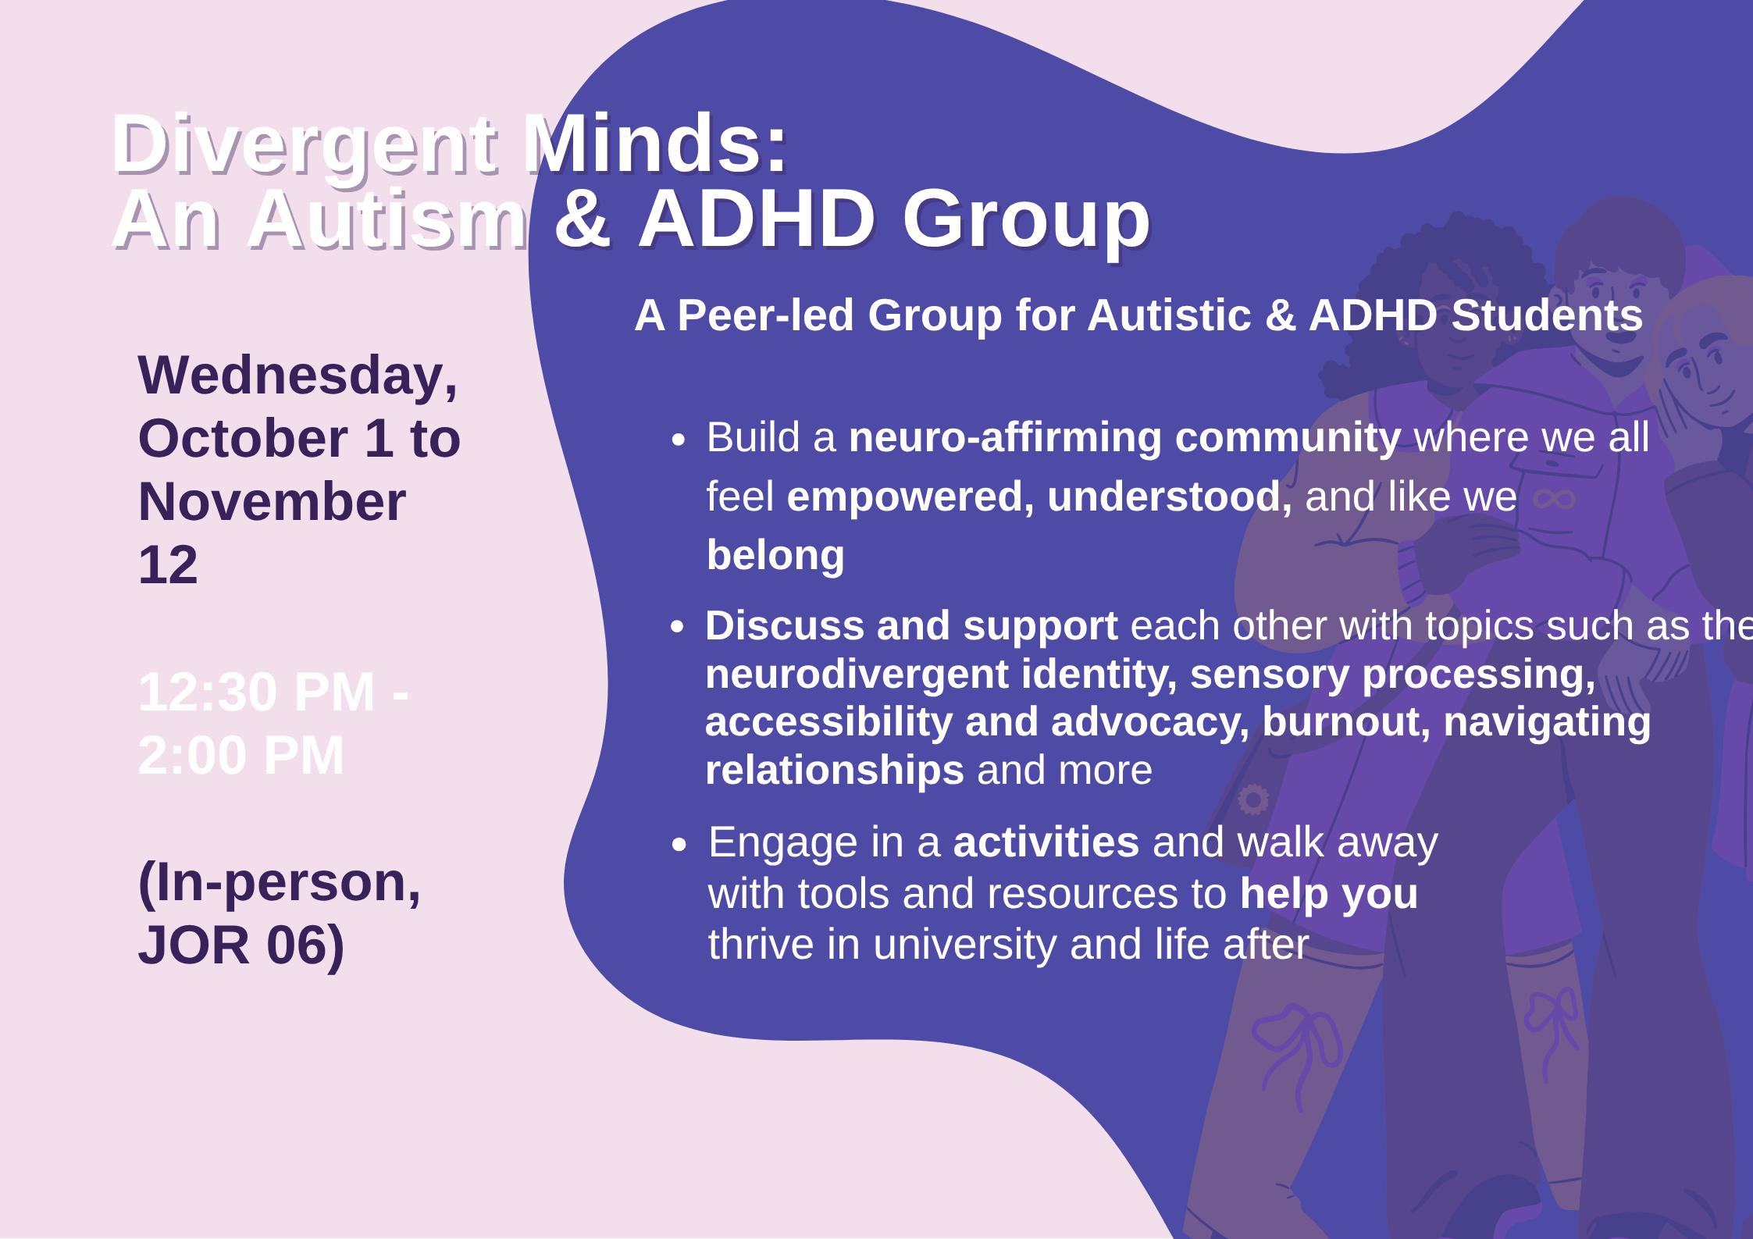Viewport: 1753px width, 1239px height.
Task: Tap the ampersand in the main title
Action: (x=582, y=220)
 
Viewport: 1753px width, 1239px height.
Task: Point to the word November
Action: (x=272, y=502)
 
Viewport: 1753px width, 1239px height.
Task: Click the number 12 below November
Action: (x=168, y=565)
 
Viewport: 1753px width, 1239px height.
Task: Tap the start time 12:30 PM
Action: (x=257, y=692)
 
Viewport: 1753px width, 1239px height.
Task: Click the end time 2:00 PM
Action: (x=241, y=756)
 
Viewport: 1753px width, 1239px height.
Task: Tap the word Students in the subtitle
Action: (x=1546, y=316)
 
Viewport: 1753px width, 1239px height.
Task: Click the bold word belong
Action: (x=775, y=556)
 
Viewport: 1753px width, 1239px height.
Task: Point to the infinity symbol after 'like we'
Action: (x=1554, y=498)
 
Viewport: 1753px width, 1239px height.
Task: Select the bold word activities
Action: (x=1046, y=842)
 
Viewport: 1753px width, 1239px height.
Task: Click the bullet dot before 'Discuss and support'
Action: (x=678, y=627)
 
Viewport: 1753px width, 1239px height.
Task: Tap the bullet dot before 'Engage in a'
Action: (x=679, y=844)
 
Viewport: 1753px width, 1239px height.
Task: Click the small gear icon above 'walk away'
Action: (x=1253, y=799)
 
